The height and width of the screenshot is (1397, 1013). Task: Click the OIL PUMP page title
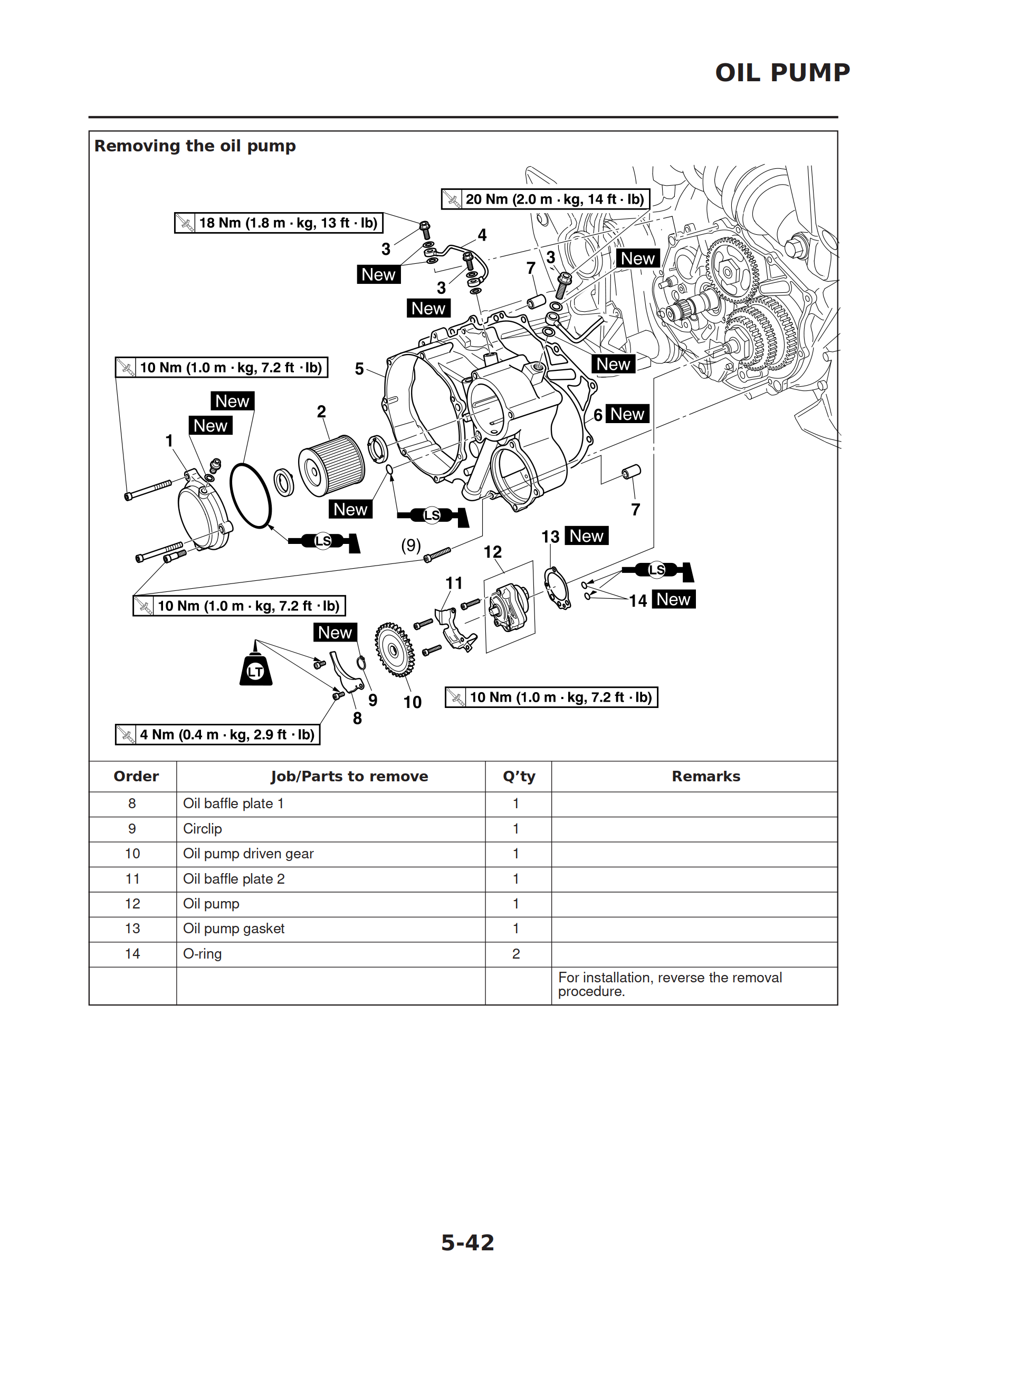[x=782, y=73]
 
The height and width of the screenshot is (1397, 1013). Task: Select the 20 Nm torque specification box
[x=546, y=199]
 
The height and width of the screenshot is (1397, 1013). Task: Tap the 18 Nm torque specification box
[x=279, y=223]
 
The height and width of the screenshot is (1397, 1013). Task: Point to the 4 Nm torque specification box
[x=217, y=734]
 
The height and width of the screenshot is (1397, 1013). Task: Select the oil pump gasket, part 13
[x=557, y=587]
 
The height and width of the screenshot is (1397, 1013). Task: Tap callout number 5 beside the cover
[x=359, y=368]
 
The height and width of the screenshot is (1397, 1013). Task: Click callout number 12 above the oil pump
[x=492, y=552]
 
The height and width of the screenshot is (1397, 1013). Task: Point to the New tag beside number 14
[x=673, y=599]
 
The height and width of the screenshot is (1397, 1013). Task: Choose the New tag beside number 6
[x=627, y=414]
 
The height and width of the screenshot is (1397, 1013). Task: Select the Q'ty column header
[x=518, y=776]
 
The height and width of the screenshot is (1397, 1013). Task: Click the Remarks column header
[x=705, y=776]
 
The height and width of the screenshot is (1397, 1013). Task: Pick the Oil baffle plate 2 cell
[x=234, y=879]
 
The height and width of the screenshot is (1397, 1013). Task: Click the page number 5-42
[x=467, y=1243]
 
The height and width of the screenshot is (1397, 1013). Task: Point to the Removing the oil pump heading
[x=195, y=146]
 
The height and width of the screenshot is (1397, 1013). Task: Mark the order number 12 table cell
[x=132, y=904]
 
